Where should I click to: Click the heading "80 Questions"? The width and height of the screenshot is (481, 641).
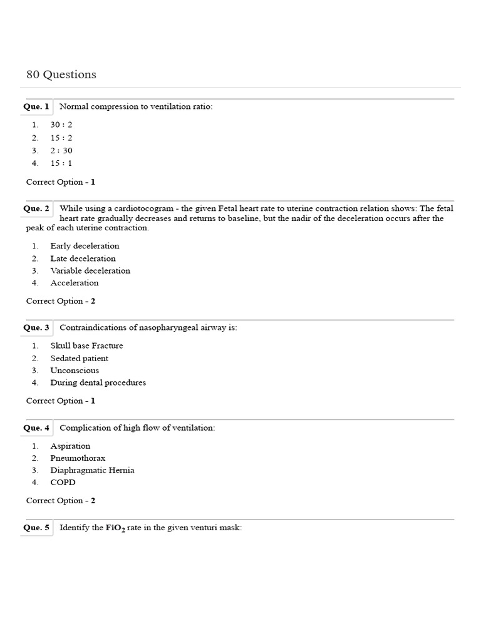coord(61,74)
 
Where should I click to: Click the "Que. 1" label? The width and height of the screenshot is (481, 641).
coord(36,106)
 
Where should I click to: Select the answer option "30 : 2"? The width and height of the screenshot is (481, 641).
coord(61,125)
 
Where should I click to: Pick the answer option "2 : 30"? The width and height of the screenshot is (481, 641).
coord(61,150)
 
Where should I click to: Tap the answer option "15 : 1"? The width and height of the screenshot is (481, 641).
coord(61,163)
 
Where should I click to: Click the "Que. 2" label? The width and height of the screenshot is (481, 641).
coord(36,208)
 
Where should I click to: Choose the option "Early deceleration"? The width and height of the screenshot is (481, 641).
coord(85,246)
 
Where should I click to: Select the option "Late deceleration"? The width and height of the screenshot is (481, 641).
coord(83,259)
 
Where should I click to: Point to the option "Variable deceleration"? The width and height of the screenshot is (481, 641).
coord(90,270)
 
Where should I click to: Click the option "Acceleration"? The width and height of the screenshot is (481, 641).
coord(74,283)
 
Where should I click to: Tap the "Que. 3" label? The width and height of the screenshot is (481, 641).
coord(36,327)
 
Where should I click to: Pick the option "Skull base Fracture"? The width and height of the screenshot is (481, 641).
coord(86,346)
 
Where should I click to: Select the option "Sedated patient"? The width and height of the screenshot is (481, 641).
coord(79,358)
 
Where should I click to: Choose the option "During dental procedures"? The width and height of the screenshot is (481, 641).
coord(98,382)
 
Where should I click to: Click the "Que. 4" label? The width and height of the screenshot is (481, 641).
coord(36,428)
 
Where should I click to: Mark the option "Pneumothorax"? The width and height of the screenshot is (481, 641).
coord(78,458)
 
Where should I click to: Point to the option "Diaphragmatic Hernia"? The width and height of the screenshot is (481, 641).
coord(92,470)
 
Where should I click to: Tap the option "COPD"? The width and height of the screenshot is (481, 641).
coord(62,482)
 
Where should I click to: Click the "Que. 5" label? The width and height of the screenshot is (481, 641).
coord(36,528)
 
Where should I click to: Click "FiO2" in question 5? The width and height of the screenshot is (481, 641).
coord(115,528)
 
